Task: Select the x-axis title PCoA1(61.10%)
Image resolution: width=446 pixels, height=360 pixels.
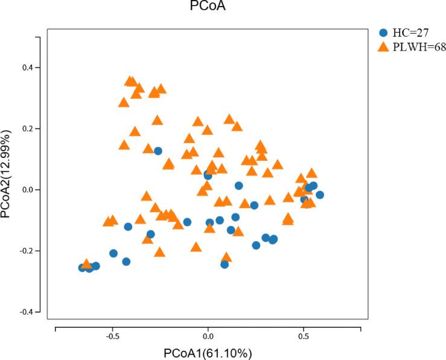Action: tap(208, 353)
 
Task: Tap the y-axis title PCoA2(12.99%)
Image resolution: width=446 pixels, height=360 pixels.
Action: tap(7, 173)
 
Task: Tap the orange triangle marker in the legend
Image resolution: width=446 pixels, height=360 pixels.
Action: tap(383, 47)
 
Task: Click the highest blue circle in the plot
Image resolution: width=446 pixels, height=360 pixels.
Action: tap(158, 151)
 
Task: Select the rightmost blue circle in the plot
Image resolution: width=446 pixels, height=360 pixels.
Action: tap(320, 195)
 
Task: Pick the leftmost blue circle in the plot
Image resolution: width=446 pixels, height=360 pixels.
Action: tap(83, 267)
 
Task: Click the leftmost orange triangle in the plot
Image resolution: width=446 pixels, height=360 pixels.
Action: tap(86, 264)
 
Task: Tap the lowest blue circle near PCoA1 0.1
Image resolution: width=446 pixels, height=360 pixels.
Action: tap(225, 264)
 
